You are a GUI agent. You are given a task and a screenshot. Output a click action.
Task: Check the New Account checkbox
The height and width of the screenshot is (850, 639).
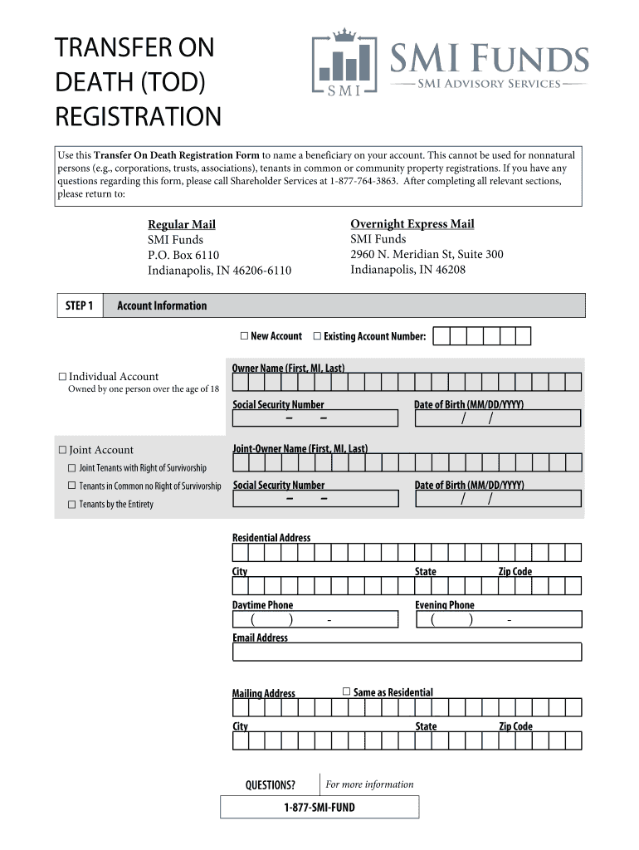244,336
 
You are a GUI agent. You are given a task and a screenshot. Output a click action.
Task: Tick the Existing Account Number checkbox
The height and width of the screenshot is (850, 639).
317,336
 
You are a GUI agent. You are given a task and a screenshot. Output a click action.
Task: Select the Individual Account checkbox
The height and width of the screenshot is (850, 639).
62,377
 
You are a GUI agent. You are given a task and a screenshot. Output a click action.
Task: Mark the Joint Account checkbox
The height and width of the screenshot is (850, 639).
62,450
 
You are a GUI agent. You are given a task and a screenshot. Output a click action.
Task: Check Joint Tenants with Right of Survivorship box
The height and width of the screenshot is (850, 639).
72,468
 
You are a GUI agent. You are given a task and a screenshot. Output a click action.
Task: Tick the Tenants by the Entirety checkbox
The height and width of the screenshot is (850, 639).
72,504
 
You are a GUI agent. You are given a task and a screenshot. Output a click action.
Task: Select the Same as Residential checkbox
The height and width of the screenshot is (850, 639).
347,691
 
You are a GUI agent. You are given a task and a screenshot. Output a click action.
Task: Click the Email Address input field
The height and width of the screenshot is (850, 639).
407,652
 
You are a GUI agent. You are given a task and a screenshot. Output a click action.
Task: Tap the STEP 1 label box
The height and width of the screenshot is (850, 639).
79,305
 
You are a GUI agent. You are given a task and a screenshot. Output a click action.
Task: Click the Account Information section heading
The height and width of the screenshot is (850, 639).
162,305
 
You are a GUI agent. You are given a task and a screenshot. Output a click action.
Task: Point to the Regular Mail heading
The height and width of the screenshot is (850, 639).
182,225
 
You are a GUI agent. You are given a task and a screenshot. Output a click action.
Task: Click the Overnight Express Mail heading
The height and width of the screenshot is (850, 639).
412,224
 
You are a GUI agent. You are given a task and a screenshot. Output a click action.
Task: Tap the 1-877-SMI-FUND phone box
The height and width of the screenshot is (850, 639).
319,807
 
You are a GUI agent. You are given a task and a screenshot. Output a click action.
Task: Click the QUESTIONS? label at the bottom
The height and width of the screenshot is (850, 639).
270,784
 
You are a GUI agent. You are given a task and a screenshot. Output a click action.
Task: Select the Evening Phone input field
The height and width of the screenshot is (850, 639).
498,620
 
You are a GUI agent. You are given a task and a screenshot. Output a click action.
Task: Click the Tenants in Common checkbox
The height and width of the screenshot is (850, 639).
72,486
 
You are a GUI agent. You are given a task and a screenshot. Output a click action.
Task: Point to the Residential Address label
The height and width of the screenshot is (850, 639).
271,538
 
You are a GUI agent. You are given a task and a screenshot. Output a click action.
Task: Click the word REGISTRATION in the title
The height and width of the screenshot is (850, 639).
138,116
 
